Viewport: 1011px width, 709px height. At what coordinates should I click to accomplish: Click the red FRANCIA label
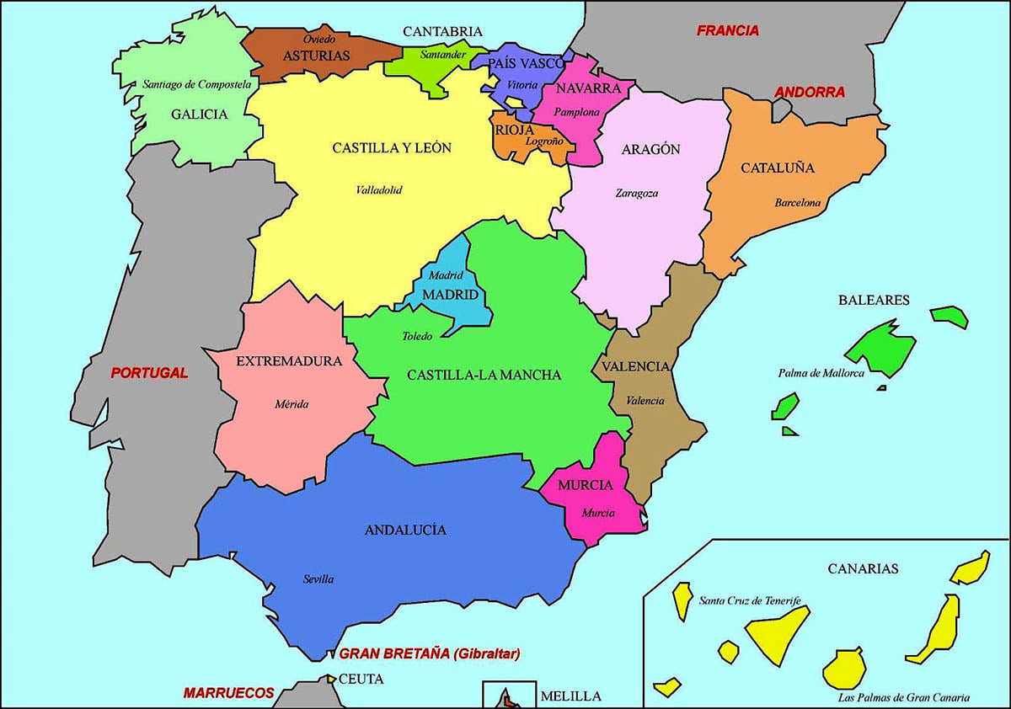click(728, 31)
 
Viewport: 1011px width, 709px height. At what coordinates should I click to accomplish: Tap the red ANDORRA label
click(810, 93)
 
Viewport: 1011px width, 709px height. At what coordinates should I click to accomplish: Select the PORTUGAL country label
click(150, 373)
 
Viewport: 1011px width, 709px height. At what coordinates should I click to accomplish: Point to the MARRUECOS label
click(229, 694)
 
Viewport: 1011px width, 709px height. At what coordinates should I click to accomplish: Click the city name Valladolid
click(379, 190)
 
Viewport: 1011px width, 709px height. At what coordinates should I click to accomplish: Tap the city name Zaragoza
click(637, 193)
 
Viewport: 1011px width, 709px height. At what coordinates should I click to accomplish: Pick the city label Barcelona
click(798, 203)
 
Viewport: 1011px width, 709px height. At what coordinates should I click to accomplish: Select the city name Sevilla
click(318, 579)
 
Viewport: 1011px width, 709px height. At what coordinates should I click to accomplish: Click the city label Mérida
click(292, 404)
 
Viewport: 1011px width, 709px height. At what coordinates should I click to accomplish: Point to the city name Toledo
click(417, 336)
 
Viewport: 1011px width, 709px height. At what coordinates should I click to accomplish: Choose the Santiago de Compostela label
click(197, 84)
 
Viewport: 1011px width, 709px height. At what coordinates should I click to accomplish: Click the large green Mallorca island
click(883, 348)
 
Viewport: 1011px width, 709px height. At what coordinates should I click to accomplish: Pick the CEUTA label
click(362, 679)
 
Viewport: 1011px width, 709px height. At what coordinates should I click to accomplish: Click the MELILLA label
click(570, 696)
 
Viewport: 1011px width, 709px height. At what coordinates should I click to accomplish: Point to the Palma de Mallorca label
click(821, 374)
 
